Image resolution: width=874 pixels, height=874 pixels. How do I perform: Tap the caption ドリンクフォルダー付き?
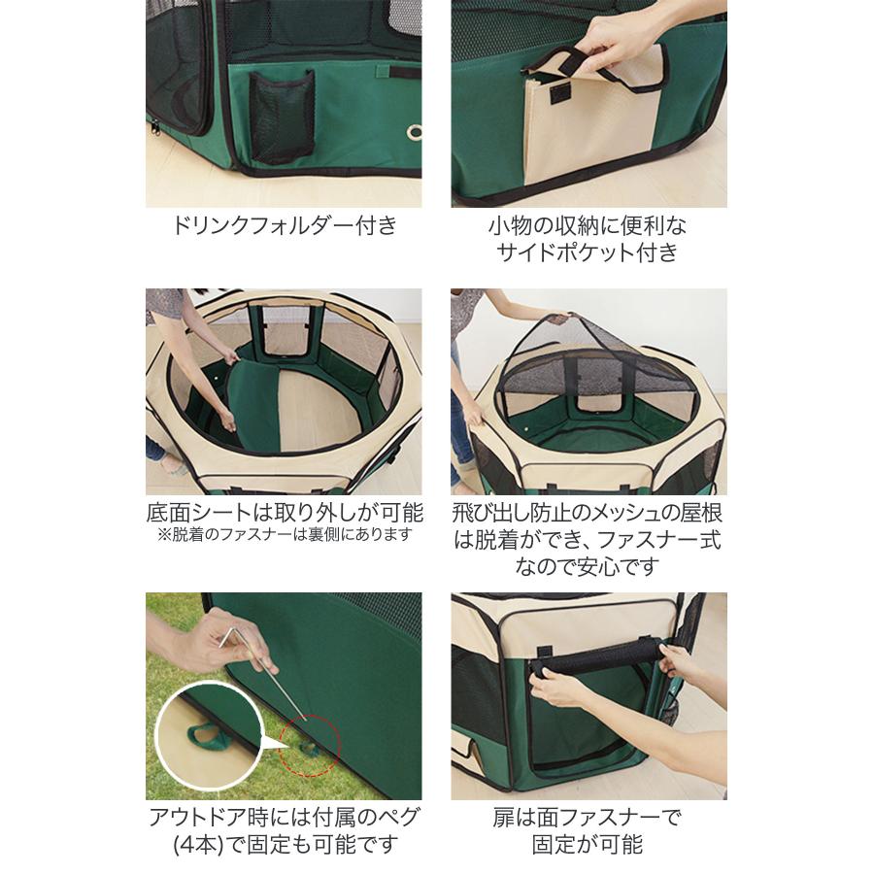(284, 226)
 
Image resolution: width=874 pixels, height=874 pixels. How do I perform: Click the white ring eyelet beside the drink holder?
(413, 132)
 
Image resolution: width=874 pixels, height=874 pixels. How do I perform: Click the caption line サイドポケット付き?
(588, 252)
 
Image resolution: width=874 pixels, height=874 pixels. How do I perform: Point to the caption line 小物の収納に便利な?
(588, 226)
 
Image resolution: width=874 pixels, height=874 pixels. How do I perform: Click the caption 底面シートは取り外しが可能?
(284, 512)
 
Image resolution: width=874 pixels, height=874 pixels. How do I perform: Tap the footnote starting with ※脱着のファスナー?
(284, 535)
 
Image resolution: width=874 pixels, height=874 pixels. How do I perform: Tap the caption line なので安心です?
(588, 565)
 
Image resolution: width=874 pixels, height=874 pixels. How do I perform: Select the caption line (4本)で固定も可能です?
(284, 843)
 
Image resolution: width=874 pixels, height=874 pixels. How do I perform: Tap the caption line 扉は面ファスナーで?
(588, 817)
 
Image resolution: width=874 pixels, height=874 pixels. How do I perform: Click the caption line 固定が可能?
(588, 843)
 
